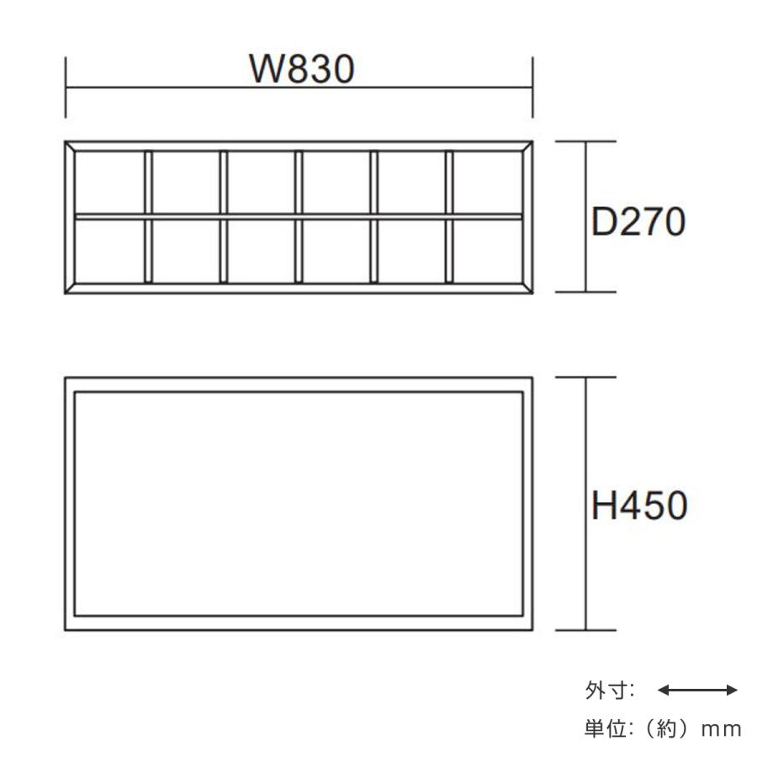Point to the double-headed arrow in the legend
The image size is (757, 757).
(697, 691)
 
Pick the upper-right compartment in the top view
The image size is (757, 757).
(488, 183)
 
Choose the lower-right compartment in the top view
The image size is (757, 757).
(488, 250)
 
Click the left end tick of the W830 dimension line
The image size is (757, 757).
(66, 87)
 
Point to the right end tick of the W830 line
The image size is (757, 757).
(533, 87)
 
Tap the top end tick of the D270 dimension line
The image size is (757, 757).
(586, 142)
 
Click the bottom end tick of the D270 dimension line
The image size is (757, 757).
(586, 293)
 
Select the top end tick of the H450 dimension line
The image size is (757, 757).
(586, 378)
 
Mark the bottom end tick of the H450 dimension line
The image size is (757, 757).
(586, 630)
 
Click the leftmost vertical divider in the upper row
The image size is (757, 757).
(148, 183)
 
